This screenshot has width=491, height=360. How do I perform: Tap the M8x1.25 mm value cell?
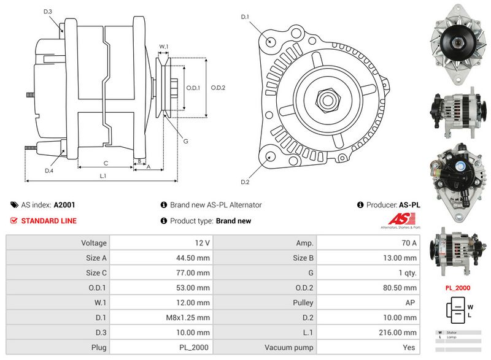[x=187, y=318]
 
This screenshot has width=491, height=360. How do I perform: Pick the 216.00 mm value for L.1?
[x=401, y=332]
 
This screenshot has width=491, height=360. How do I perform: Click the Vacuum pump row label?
[x=289, y=348]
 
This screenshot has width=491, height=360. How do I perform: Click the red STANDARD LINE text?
[x=48, y=221]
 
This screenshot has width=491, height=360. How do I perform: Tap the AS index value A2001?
[x=64, y=205]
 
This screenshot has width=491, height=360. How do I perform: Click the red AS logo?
[x=403, y=219]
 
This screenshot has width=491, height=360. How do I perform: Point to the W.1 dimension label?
[x=163, y=46]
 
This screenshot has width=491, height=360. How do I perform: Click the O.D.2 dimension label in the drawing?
[x=218, y=88]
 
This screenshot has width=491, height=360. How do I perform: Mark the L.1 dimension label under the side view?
[x=103, y=176]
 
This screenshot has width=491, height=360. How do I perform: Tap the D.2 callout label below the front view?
[x=244, y=182]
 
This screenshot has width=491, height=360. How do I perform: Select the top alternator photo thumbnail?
[x=455, y=45]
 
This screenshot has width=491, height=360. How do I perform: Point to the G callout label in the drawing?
[x=186, y=140]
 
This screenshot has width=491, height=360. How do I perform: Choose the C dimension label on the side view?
[x=106, y=163]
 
